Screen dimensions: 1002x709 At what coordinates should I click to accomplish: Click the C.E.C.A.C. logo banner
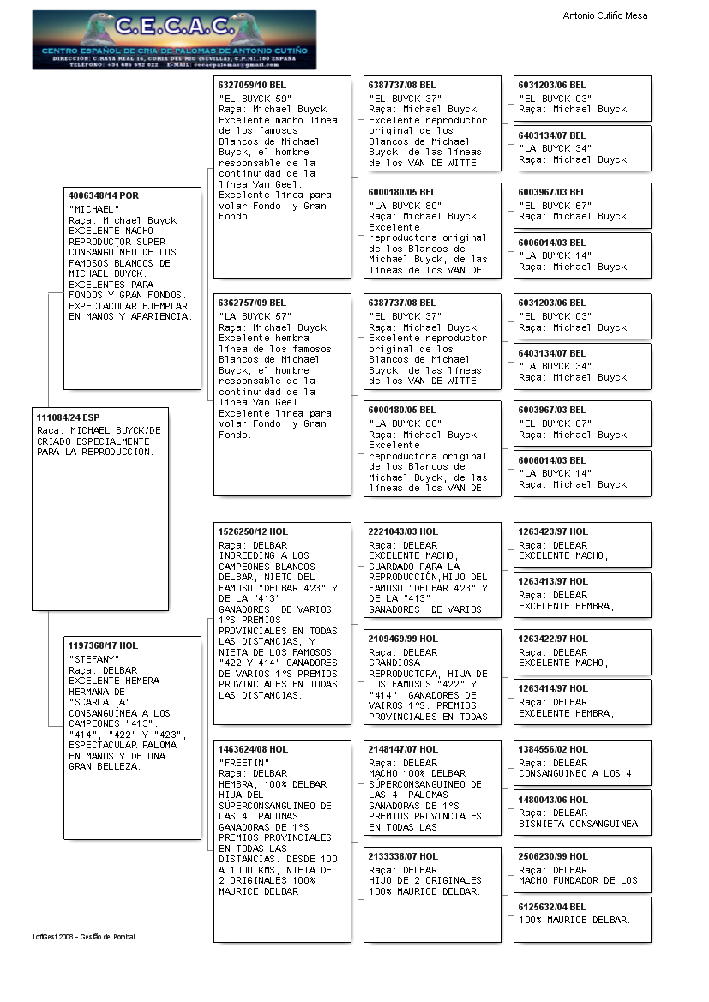[x=174, y=39]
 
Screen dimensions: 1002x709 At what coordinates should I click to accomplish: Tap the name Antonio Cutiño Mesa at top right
[x=604, y=15]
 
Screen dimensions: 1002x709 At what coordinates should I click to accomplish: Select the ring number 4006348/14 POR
[x=104, y=195]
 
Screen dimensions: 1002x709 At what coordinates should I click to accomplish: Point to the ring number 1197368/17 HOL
[x=103, y=645]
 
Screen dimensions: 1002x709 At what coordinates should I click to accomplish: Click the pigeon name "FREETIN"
[x=244, y=762]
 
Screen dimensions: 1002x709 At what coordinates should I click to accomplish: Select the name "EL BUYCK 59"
[x=255, y=99]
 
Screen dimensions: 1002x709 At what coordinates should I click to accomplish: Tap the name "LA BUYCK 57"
[x=255, y=316]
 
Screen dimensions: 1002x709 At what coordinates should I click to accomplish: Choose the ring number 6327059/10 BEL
[x=253, y=85]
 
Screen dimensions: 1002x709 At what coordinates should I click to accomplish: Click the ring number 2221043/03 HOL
[x=403, y=531]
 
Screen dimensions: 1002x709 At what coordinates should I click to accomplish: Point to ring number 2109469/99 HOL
[x=403, y=639]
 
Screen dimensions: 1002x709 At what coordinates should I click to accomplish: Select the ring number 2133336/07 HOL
[x=403, y=856]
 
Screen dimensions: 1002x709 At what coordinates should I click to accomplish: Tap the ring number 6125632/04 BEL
[x=553, y=906]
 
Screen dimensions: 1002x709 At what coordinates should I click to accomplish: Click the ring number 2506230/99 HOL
[x=553, y=856]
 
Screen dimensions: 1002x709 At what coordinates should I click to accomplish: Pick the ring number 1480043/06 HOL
[x=553, y=799]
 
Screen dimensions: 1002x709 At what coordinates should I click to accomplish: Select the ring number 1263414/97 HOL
[x=553, y=688]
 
